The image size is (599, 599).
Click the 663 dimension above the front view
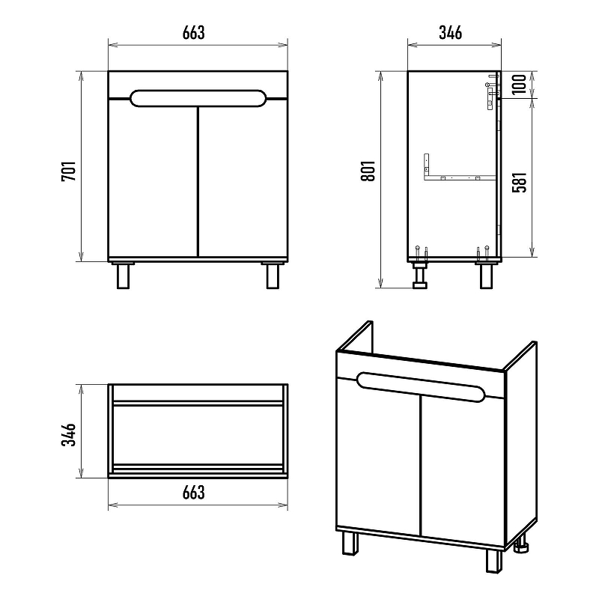tap(194, 33)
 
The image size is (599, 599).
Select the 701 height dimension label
tap(69, 171)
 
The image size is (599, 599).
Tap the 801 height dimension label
tap(368, 171)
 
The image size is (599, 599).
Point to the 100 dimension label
tap(519, 85)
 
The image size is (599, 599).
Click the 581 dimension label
tap(520, 182)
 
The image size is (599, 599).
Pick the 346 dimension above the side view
tap(451, 33)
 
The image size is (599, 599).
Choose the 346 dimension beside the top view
tap(69, 435)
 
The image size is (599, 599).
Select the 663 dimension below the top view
tap(194, 493)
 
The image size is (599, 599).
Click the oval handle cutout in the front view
tap(198, 98)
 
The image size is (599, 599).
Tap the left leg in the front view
tap(123, 276)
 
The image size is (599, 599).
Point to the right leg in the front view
tap(273, 276)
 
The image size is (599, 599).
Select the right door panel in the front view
tap(243, 180)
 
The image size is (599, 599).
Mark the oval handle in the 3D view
tap(421, 387)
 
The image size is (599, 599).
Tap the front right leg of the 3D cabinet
tap(494, 561)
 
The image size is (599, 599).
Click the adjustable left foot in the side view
tap(420, 275)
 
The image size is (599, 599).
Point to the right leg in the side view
tap(486, 276)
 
